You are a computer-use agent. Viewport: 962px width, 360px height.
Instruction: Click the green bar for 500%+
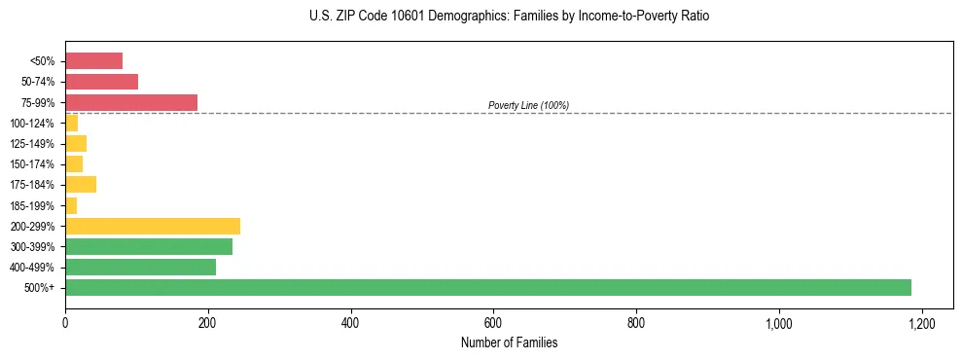point(487,287)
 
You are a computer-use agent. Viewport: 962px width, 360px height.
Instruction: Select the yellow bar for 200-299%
point(152,226)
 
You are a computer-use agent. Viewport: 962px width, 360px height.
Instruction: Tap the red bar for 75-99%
point(130,102)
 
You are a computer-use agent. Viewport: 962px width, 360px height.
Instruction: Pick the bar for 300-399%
point(148,246)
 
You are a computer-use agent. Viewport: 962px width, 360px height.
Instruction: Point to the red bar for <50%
point(93,61)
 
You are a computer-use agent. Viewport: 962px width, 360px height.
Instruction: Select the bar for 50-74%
point(101,82)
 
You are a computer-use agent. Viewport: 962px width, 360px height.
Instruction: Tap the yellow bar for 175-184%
point(80,184)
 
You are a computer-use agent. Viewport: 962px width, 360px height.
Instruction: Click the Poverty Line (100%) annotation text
point(528,105)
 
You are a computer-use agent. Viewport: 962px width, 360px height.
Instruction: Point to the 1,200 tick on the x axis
point(921,321)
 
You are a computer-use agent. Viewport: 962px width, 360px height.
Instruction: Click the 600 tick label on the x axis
point(493,321)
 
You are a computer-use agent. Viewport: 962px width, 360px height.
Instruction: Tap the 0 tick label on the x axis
point(65,321)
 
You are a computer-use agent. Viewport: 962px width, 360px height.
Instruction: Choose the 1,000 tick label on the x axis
point(778,321)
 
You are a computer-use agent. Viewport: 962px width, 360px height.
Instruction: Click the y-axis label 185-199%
point(32,205)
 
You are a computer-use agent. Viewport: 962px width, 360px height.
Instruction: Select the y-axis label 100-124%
point(32,124)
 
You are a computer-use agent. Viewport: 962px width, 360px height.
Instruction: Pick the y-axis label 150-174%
point(32,164)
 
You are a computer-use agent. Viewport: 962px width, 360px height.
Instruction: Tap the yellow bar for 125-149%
point(75,143)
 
